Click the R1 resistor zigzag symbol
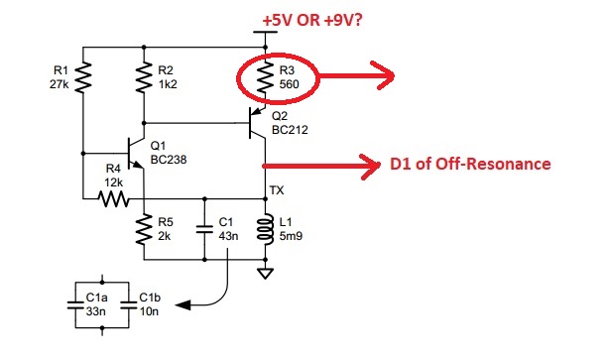(x=82, y=77)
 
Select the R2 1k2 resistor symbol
(x=144, y=77)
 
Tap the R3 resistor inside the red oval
(x=265, y=77)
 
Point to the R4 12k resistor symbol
(x=113, y=198)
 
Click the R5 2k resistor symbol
(x=144, y=229)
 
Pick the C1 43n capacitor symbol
(x=204, y=229)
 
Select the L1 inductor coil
(x=265, y=229)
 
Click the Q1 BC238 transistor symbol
(x=135, y=153)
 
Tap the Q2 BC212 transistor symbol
(x=257, y=123)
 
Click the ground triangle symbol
(x=265, y=273)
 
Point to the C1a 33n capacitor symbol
(x=75, y=305)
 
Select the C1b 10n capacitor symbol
(x=129, y=305)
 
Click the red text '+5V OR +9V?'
(x=312, y=20)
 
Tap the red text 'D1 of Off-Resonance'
(x=470, y=164)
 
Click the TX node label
(x=277, y=190)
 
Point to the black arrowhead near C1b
(x=183, y=305)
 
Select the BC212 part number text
(x=290, y=130)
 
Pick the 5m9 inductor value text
(x=291, y=236)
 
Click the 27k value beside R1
(x=60, y=84)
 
